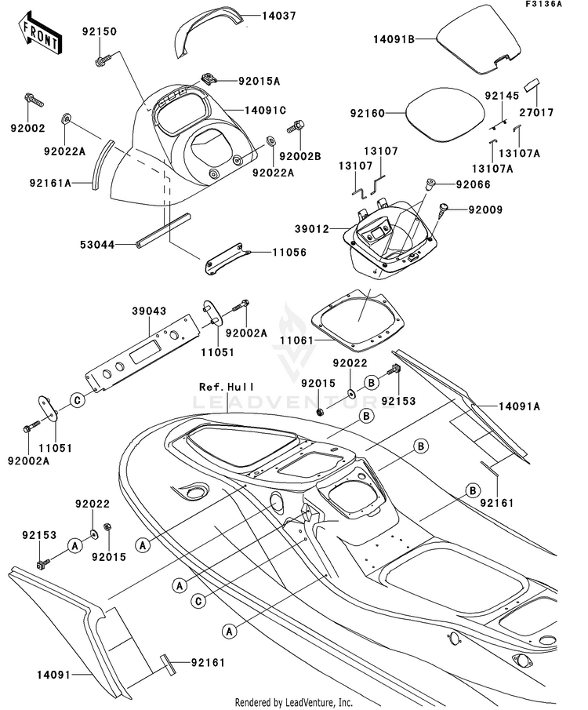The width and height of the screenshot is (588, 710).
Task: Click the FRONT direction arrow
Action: point(40,33)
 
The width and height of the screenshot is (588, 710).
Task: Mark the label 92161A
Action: point(51,184)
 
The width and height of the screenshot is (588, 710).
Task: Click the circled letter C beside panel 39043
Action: point(78,401)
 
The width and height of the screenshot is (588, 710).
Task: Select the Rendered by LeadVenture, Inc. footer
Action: point(294,702)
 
